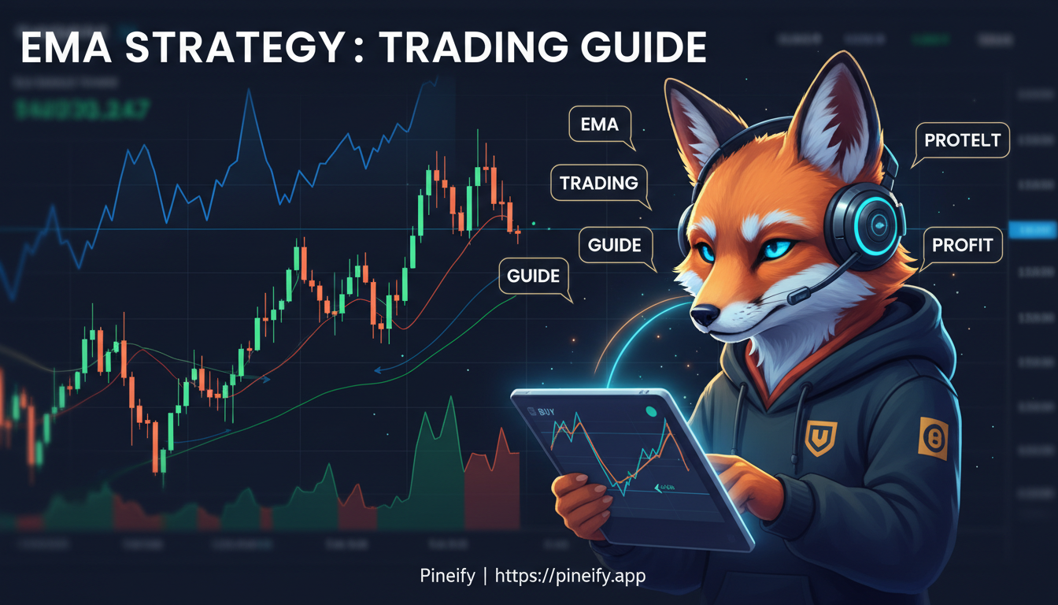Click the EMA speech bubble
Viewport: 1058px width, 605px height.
point(599,124)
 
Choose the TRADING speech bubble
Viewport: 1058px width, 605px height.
point(599,184)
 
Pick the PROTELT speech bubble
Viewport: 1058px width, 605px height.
point(962,141)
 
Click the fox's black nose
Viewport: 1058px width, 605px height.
point(702,316)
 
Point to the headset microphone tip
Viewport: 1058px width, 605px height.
point(798,295)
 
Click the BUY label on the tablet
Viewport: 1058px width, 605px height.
point(544,410)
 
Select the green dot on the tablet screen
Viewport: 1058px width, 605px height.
point(651,411)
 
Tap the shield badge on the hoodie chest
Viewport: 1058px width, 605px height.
point(821,433)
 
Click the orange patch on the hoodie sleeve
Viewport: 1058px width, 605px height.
point(934,438)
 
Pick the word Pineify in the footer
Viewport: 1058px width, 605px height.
point(447,576)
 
